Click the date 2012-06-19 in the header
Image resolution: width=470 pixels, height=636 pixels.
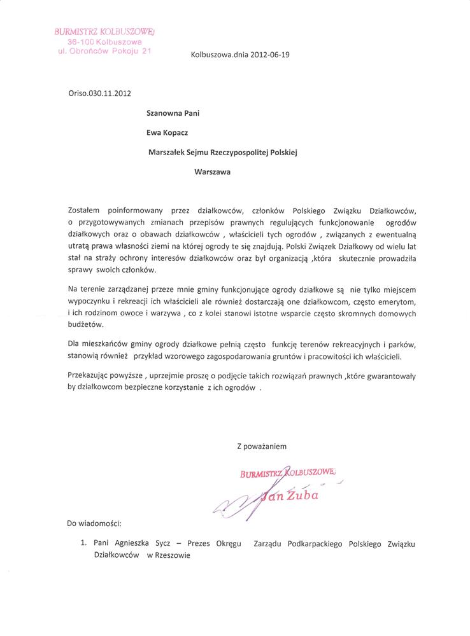268,55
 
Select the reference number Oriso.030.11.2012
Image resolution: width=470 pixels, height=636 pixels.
99,93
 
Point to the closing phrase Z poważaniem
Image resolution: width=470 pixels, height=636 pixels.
262,446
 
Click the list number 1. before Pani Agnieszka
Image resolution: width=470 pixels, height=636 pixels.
84,544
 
